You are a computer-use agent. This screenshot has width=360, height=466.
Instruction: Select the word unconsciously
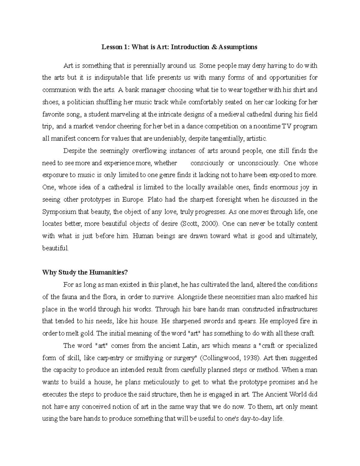tap(258, 163)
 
